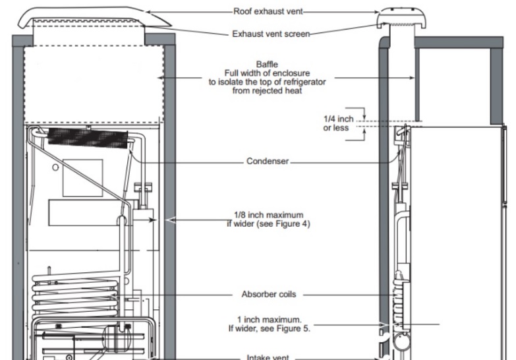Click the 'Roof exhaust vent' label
pos(268,11)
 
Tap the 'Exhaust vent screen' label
pos(271,34)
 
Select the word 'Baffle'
pos(267,64)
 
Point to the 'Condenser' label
pos(268,161)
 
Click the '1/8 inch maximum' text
pos(268,215)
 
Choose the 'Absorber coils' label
pos(269,294)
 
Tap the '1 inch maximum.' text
pos(269,320)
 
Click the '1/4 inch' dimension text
pos(338,119)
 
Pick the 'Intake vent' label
pos(268,357)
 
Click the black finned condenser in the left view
pos(88,138)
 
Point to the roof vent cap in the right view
pos(402,18)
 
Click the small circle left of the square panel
pos(55,167)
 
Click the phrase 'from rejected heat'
pos(267,90)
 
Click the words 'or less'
pos(335,128)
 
